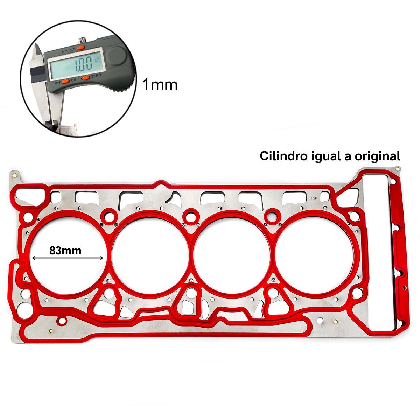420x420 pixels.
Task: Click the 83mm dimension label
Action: click(65, 251)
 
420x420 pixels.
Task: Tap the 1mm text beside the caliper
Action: click(160, 85)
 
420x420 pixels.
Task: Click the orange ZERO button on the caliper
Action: click(86, 78)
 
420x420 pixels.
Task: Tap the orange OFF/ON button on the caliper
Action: click(65, 82)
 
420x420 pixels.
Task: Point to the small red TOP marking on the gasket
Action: click(314, 198)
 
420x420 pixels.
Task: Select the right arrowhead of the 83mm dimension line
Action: click(101, 258)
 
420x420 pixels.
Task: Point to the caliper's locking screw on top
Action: click(82, 40)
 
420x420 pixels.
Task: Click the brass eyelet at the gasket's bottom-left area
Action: click(51, 331)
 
